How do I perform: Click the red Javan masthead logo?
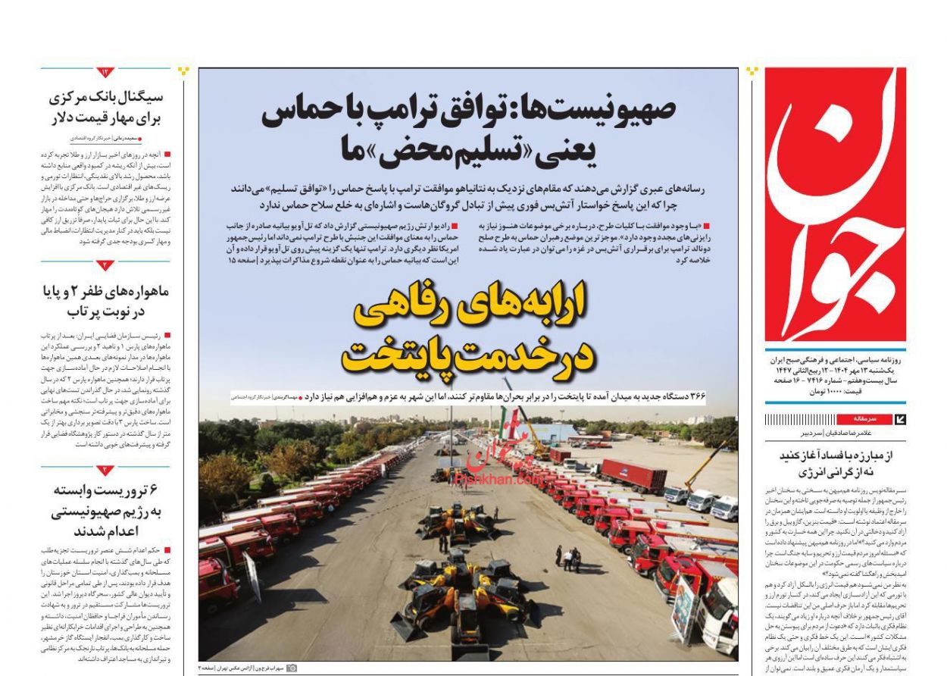point(835,205)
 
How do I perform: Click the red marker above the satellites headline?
point(105,264)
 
